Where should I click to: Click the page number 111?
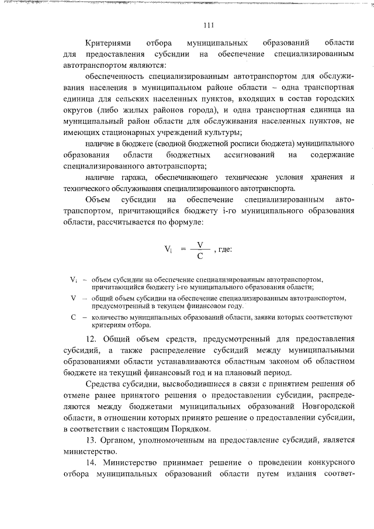tap(209, 25)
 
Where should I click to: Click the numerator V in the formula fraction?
tap(200, 244)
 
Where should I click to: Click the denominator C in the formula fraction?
tap(200, 255)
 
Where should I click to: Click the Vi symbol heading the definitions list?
tap(74, 281)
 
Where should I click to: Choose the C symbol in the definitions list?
tap(73, 317)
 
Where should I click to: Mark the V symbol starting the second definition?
tap(73, 299)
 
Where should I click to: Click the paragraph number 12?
tap(90, 339)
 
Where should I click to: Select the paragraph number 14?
tap(90, 461)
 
